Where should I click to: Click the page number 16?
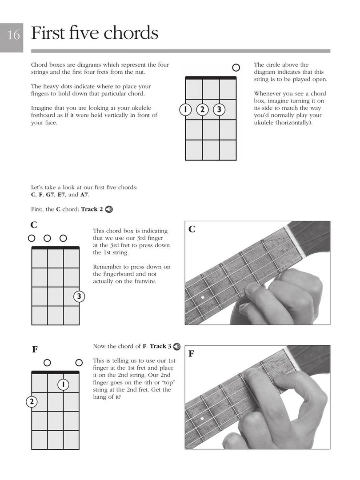click(13, 35)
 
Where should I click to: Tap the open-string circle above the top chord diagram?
click(236, 68)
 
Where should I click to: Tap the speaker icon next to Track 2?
click(109, 209)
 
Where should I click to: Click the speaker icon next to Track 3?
click(177, 346)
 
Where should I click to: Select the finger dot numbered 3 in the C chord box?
click(79, 296)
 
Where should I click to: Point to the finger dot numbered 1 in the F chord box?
click(64, 384)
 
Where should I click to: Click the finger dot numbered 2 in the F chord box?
click(32, 402)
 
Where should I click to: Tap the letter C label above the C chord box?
click(34, 225)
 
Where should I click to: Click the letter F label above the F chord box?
click(35, 350)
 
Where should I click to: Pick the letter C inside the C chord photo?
click(192, 230)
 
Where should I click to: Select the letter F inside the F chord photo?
click(192, 354)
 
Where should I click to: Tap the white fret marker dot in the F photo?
click(202, 419)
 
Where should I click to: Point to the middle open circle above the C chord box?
click(47, 238)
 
